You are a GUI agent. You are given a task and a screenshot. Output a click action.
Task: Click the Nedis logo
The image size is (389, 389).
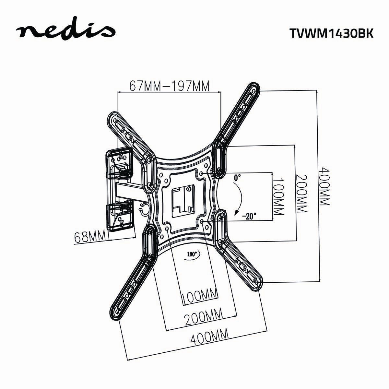[66, 31]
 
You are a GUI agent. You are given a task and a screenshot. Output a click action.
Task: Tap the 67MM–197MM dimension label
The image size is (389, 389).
[169, 86]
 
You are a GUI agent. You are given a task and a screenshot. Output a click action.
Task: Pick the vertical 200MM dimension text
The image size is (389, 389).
[301, 194]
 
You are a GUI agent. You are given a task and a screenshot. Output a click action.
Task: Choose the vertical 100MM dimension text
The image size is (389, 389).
[278, 196]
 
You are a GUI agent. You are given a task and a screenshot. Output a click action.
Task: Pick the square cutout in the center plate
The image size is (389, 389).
[183, 198]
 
